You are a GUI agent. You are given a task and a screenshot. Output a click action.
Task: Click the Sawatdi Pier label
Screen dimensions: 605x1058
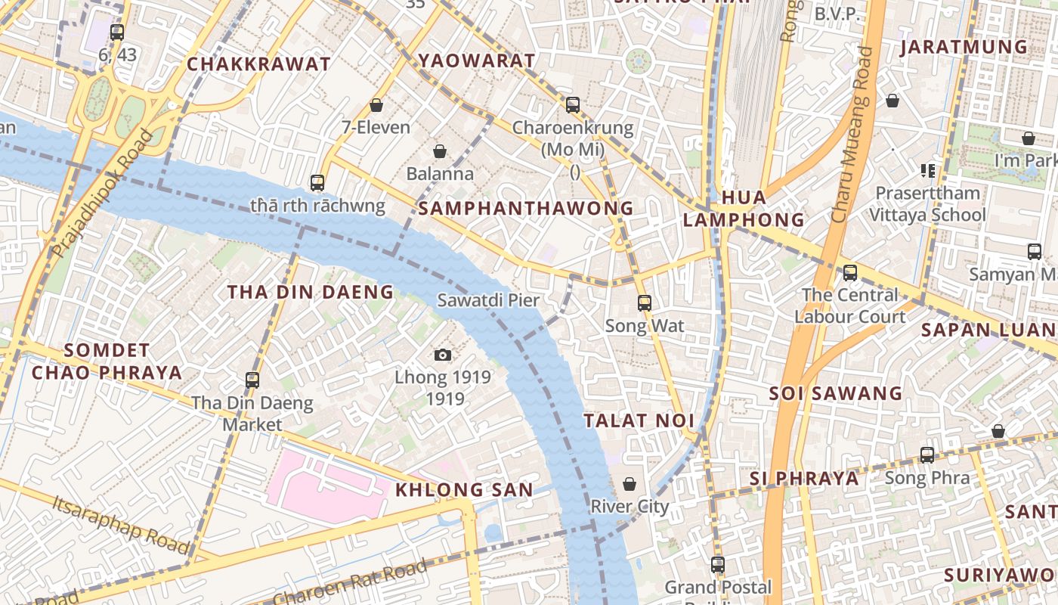click(488, 300)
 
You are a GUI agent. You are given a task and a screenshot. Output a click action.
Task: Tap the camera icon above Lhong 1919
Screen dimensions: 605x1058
click(443, 355)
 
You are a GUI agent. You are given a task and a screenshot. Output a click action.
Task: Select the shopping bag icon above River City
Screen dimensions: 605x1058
click(629, 484)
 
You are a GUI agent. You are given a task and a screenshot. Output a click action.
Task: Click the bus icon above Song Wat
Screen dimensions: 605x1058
click(644, 303)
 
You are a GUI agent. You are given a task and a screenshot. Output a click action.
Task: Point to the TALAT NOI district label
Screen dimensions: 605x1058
click(639, 420)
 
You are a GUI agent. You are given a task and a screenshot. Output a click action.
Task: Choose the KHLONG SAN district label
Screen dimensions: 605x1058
click(464, 489)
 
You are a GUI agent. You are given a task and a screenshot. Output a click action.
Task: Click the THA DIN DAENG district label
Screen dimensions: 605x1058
click(311, 292)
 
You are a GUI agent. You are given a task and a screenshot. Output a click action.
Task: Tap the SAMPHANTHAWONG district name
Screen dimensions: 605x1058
click(526, 208)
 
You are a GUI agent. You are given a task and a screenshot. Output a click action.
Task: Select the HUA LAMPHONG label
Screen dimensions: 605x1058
click(743, 209)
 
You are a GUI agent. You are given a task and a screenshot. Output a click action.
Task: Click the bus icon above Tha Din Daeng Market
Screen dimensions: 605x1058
click(252, 380)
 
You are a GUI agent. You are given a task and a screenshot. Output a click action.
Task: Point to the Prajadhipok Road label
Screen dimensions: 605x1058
click(103, 194)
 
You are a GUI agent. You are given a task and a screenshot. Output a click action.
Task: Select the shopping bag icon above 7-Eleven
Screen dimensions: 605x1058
click(376, 105)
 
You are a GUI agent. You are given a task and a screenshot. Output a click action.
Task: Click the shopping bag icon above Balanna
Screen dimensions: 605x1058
click(439, 152)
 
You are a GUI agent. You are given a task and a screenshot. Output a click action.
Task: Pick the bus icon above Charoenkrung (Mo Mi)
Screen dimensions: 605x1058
click(573, 105)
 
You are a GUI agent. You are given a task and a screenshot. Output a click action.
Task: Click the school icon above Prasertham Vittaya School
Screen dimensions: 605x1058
click(928, 171)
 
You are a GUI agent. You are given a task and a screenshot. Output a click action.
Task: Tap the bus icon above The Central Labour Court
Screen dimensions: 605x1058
click(850, 273)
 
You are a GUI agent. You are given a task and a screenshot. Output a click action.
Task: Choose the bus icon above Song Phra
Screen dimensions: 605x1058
click(927, 455)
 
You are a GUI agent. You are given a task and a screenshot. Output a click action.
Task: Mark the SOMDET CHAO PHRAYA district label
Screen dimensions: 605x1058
click(107, 361)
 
